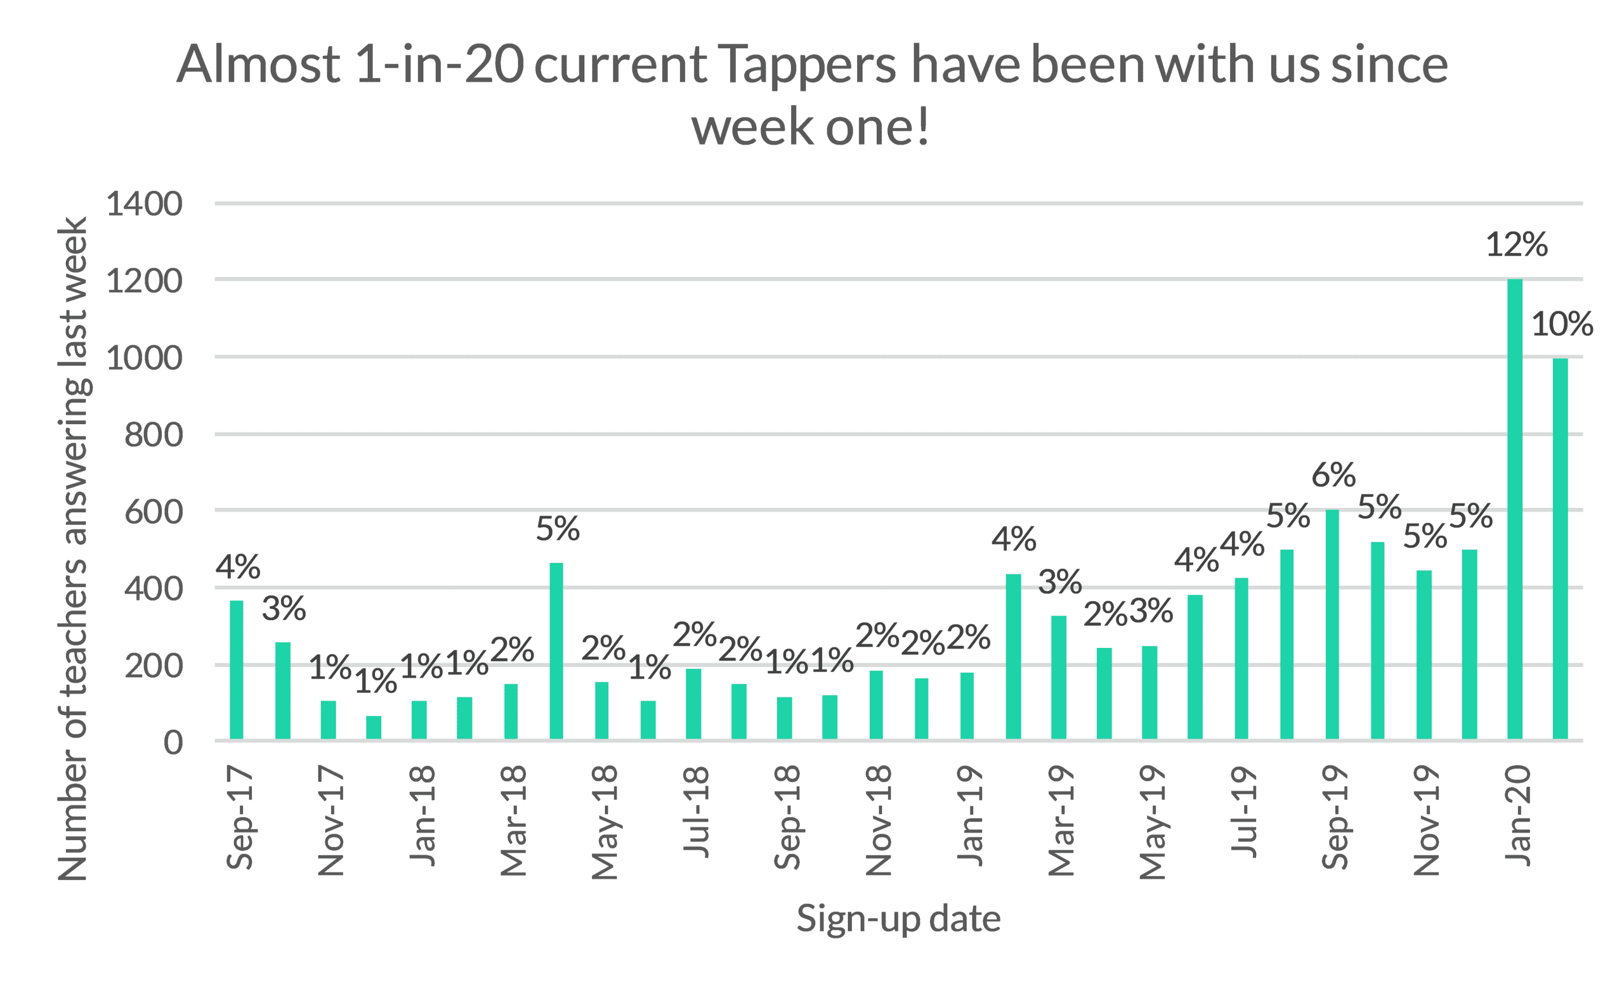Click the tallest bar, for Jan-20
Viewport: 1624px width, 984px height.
pos(1515,509)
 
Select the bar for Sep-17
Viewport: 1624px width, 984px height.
pos(237,670)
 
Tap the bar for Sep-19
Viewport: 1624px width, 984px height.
pos(1332,625)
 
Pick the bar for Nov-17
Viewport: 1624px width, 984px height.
pos(328,720)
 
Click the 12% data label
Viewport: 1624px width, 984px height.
pos(1517,245)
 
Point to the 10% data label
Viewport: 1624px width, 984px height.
pos(1562,324)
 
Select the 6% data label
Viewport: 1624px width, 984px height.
pos(1333,475)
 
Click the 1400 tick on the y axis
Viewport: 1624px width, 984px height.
pos(145,204)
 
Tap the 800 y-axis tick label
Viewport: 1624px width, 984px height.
pos(154,436)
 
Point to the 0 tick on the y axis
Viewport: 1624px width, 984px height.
pos(173,743)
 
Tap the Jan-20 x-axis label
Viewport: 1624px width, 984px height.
pos(1518,815)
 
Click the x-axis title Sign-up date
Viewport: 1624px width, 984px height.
pos(898,919)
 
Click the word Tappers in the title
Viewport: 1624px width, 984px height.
pos(807,65)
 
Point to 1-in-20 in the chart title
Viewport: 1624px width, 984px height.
pos(440,65)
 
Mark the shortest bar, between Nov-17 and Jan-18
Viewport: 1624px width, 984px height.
pos(374,728)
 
